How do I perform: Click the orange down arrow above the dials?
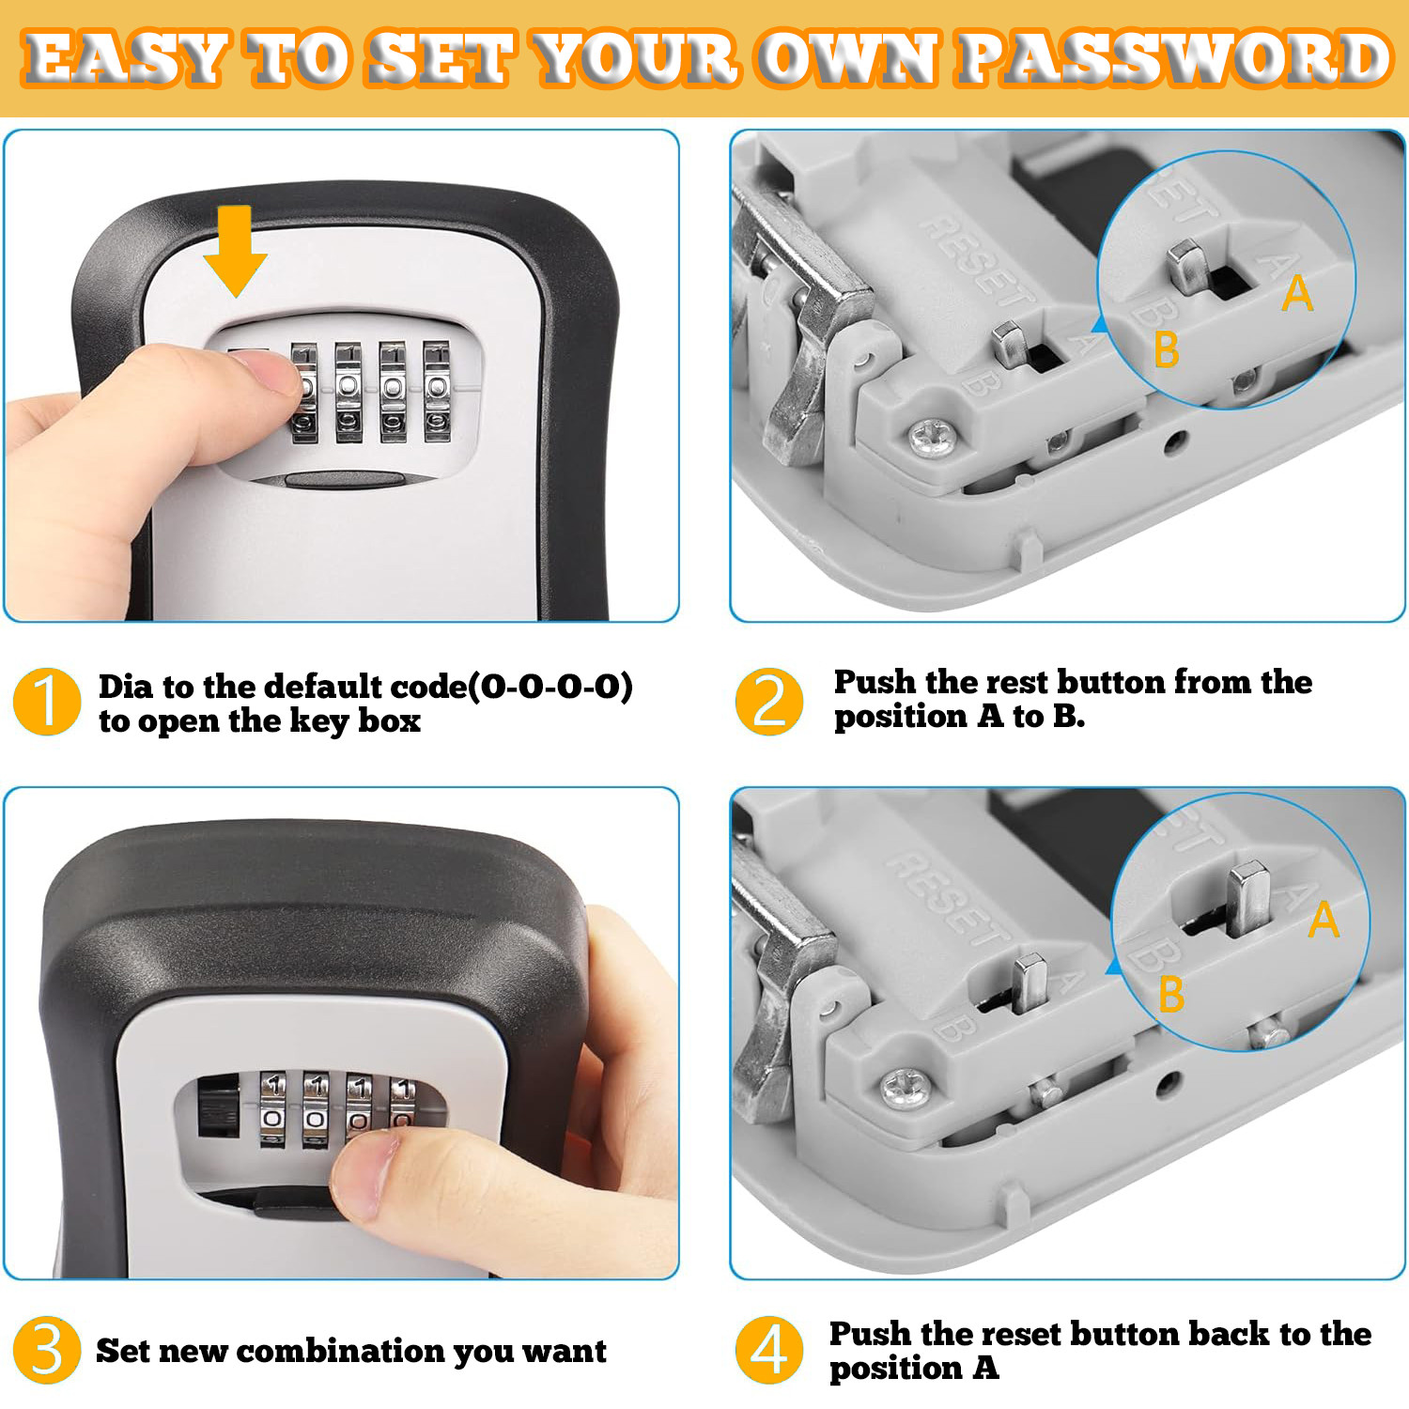[x=234, y=249]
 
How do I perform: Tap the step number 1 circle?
[x=46, y=702]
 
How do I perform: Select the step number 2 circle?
[x=769, y=702]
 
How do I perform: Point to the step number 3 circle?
[x=46, y=1350]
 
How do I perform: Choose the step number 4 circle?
[x=769, y=1350]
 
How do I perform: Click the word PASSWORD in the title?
[x=1173, y=58]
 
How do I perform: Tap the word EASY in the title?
[x=124, y=58]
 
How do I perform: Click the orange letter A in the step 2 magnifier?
[x=1297, y=293]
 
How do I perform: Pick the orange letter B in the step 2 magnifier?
[x=1166, y=349]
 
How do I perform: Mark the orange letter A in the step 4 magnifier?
[x=1324, y=919]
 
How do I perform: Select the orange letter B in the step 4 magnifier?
[x=1171, y=994]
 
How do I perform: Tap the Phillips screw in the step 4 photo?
[x=907, y=1091]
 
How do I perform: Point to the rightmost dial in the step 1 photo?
[x=437, y=391]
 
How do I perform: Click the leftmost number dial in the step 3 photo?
[x=272, y=1109]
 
